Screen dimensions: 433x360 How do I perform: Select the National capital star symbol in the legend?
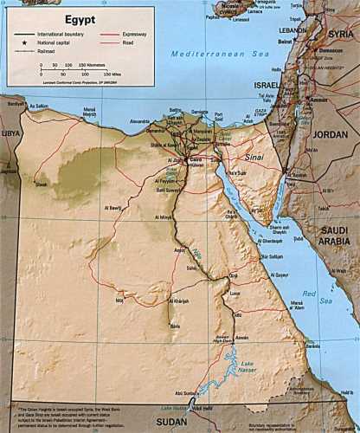pos(19,42)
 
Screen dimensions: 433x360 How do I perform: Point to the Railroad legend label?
pos(44,52)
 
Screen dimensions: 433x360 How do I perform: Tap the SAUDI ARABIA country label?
pos(333,235)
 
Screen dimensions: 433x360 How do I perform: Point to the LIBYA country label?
pos(10,134)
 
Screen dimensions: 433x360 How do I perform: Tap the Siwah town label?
pos(41,184)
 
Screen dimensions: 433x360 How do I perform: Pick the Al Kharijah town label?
pos(177,301)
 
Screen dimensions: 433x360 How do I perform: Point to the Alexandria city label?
pos(140,122)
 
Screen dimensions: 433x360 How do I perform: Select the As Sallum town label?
pos(38,107)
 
